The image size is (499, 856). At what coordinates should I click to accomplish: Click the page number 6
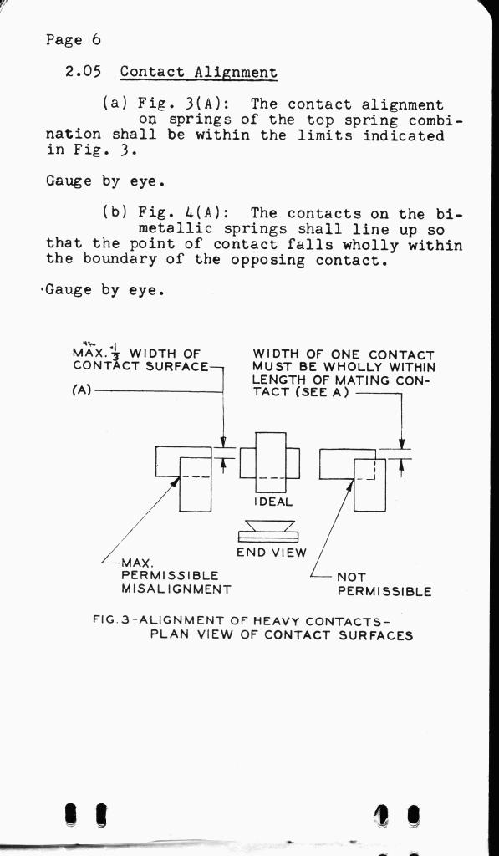coord(95,40)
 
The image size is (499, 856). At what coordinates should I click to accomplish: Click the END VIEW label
coord(272,553)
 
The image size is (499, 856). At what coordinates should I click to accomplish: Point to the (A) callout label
coord(83,391)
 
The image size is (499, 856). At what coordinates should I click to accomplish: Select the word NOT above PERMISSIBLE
coord(352,577)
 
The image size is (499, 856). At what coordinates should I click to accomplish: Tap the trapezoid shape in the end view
coord(270,526)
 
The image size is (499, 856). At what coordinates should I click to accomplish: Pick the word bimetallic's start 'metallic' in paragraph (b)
coord(176,229)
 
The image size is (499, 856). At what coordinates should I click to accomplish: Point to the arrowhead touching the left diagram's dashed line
coord(176,481)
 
